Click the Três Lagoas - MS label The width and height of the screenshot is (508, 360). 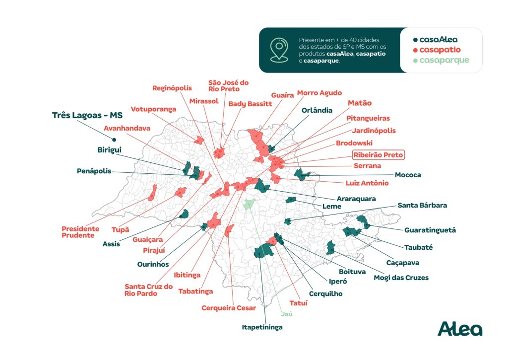tap(87, 115)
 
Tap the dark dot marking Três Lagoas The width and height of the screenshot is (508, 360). tap(114, 140)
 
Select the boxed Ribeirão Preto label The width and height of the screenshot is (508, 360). tap(378, 155)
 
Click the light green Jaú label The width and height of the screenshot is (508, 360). tap(287, 314)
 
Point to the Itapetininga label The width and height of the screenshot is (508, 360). tap(262, 327)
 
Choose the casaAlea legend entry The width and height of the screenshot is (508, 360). tap(436, 40)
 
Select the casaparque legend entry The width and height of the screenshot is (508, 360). tap(441, 60)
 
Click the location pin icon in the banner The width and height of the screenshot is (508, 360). tap(279, 50)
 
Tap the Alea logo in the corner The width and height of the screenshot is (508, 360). tap(460, 329)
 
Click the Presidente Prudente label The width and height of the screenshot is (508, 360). tap(80, 232)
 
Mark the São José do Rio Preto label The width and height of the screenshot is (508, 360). tap(228, 85)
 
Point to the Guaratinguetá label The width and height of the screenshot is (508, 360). tap(430, 230)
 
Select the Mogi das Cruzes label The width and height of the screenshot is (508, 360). tap(401, 278)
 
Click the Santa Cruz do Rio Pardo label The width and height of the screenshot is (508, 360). tap(148, 290)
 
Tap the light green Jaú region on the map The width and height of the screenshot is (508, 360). tap(249, 204)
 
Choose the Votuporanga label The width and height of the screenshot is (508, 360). tap(153, 109)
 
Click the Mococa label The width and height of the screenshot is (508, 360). tap(408, 175)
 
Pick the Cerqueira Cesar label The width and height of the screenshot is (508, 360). tap(229, 308)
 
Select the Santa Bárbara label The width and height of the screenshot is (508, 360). tap(422, 205)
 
